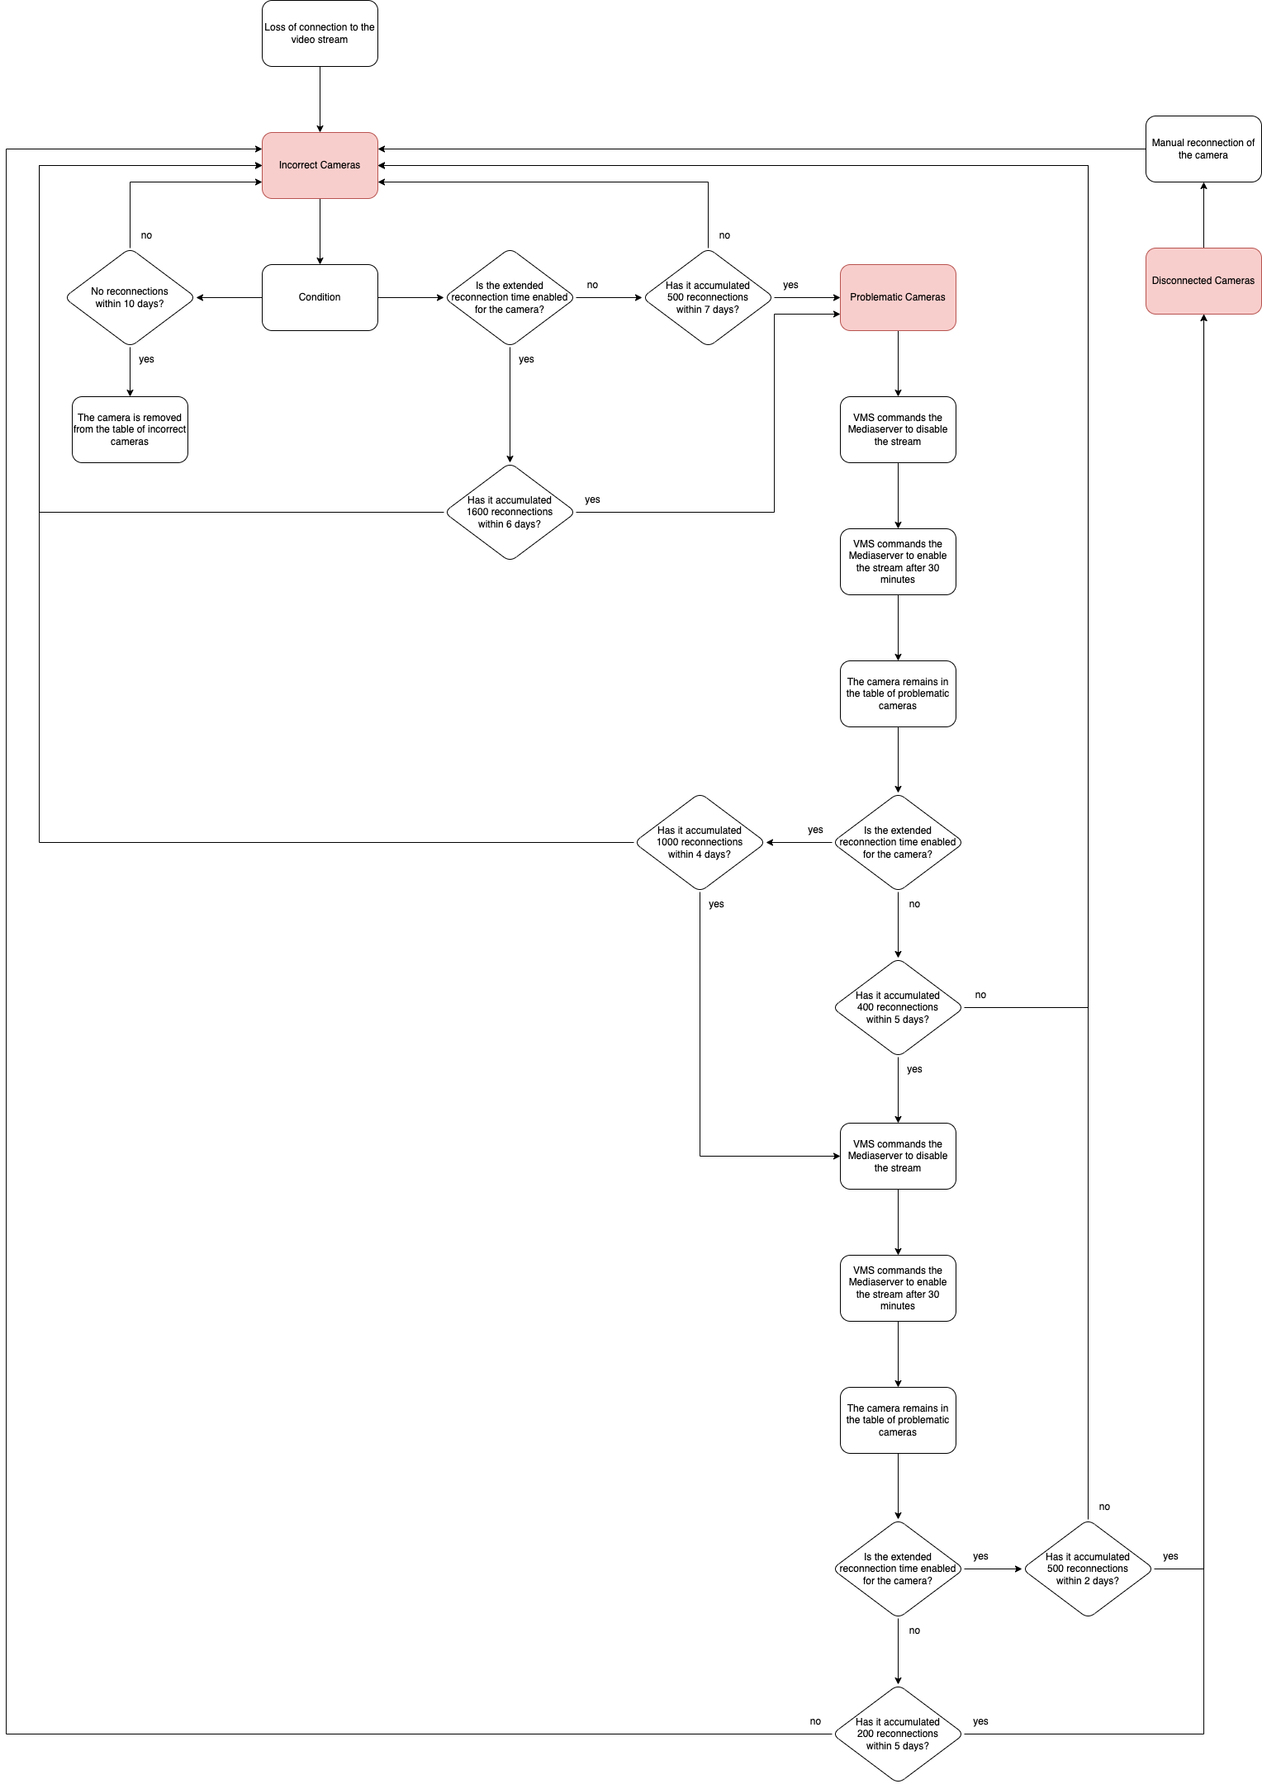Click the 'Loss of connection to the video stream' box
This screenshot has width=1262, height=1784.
tap(320, 33)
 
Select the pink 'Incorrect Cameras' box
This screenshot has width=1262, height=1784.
tap(320, 165)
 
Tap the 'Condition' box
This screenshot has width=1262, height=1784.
tap(320, 297)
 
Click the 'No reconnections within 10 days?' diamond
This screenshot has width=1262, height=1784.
tap(130, 297)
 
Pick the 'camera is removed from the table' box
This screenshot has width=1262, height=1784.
tap(130, 429)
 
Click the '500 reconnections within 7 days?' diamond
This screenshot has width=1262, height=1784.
tap(708, 297)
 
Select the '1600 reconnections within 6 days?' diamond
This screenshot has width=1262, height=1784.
tap(510, 512)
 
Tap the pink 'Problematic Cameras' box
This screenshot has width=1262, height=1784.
tap(898, 297)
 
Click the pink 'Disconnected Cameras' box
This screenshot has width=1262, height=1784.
tap(1203, 281)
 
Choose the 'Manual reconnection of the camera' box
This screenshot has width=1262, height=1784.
tap(1203, 149)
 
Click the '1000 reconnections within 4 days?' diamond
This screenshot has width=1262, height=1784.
tap(700, 842)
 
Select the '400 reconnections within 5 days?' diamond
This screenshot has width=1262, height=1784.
tap(898, 1007)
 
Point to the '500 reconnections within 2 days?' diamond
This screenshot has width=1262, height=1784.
tap(1088, 1569)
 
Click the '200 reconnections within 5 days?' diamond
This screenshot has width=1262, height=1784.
tap(898, 1734)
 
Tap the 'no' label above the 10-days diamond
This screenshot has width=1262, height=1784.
tap(146, 235)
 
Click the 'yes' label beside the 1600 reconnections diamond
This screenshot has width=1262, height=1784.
tap(592, 499)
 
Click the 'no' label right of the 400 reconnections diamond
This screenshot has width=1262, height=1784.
tap(980, 995)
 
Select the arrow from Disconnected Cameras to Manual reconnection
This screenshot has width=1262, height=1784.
tap(1203, 215)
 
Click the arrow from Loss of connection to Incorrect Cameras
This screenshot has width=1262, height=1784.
tap(320, 99)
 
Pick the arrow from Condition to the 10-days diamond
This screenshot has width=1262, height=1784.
tap(229, 297)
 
